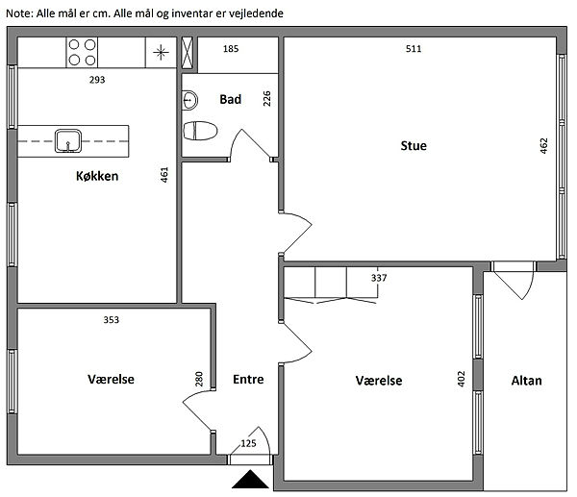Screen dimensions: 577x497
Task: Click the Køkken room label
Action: (97, 176)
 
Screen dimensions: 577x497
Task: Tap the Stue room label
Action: (414, 146)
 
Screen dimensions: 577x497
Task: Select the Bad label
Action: (231, 99)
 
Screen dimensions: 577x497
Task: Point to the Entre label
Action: (248, 380)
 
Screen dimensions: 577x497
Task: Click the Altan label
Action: (527, 381)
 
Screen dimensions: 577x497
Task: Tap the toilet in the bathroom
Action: (200, 131)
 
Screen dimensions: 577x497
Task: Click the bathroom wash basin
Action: (189, 100)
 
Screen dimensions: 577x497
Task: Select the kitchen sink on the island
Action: (68, 141)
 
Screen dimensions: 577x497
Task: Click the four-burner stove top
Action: (82, 52)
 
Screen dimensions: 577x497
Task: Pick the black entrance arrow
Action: (250, 479)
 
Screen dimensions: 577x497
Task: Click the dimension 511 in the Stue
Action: (414, 49)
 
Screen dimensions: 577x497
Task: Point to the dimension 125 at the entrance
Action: (248, 444)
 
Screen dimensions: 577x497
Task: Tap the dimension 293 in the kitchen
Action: (97, 80)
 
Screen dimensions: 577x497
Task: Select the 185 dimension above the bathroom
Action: (231, 49)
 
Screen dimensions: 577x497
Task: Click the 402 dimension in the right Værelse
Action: (462, 379)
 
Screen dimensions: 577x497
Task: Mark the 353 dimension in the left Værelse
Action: (112, 320)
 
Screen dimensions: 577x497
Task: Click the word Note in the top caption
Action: (20, 13)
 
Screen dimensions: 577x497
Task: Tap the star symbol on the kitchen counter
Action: (161, 52)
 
